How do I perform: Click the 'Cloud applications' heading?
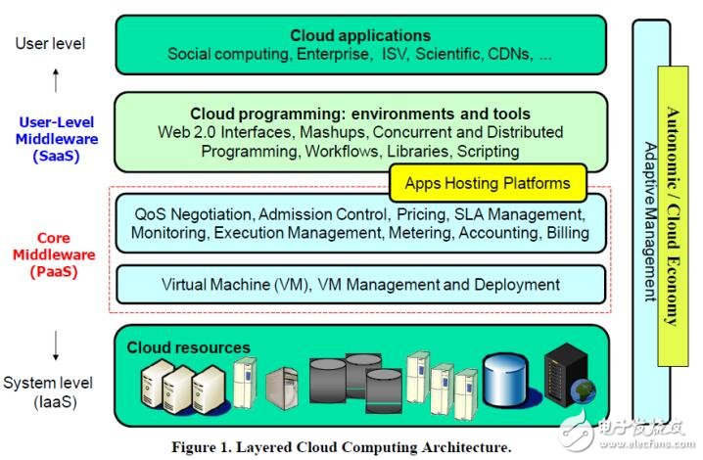pos(360,35)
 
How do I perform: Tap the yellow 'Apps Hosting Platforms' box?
pos(488,183)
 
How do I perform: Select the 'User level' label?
pos(50,43)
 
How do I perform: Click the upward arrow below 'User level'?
pos(56,80)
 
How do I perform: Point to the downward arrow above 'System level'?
pos(56,345)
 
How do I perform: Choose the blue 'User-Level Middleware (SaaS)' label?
pos(57,139)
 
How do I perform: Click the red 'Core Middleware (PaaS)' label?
pos(54,254)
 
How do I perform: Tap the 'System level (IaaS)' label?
pos(48,392)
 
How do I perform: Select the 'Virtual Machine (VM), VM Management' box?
pos(361,285)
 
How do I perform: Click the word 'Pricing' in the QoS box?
pos(422,214)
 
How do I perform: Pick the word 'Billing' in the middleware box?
pos(568,233)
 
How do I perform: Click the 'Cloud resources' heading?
pos(188,347)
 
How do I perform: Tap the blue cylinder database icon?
pos(505,380)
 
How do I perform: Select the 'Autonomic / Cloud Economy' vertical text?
pos(673,216)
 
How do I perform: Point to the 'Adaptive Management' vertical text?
pos(650,222)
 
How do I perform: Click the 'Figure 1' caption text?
pos(341,447)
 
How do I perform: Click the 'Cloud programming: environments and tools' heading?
pos(360,114)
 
